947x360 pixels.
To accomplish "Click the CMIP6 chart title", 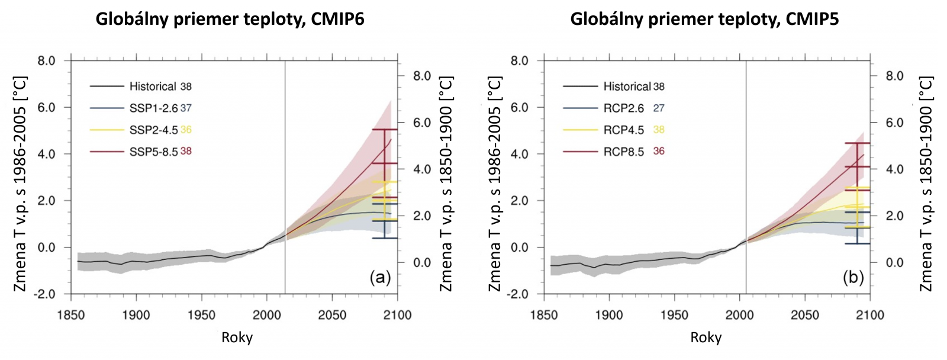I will pyautogui.click(x=230, y=20).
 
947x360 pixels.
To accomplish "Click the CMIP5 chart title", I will pyautogui.click(x=704, y=20).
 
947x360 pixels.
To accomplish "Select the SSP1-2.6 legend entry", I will pyautogui.click(x=153, y=108).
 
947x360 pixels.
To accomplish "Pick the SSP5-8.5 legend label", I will pyautogui.click(x=153, y=152).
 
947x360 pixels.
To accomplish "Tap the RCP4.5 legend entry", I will pyautogui.click(x=623, y=130).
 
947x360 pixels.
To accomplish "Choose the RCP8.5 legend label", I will pyautogui.click(x=623, y=152).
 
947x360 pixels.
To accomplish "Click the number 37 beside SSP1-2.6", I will pyautogui.click(x=186, y=108).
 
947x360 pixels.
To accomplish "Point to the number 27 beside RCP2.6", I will pyautogui.click(x=659, y=108).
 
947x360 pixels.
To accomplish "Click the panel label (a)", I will pyautogui.click(x=379, y=277).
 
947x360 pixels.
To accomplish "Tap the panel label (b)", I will pyautogui.click(x=853, y=277).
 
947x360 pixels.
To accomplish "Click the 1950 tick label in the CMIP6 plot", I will pyautogui.click(x=201, y=314).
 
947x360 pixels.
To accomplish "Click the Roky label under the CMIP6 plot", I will pyautogui.click(x=237, y=338).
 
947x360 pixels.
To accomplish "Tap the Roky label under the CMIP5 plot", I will pyautogui.click(x=706, y=338).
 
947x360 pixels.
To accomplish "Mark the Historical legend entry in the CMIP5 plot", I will pyautogui.click(x=627, y=86).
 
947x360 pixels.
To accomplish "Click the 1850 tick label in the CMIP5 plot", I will pyautogui.click(x=544, y=314).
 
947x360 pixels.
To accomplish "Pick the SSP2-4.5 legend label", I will pyautogui.click(x=153, y=130).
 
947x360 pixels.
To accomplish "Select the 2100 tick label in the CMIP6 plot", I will pyautogui.click(x=397, y=314).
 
